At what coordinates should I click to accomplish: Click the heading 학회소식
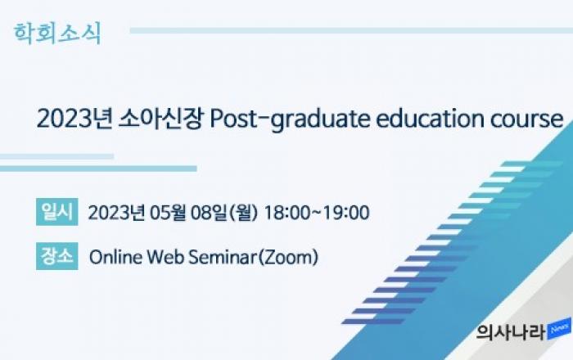point(57,34)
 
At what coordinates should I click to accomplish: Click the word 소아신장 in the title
point(160,119)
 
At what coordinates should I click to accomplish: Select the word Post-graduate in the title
point(290,119)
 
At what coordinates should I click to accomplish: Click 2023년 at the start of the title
point(74,119)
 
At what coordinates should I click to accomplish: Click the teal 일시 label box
point(57,212)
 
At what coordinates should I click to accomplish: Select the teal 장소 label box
point(57,256)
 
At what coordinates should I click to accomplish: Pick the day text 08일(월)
point(224,213)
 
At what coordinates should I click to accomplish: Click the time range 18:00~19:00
point(317,213)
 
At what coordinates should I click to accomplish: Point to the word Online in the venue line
point(116,257)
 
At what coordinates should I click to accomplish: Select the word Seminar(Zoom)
point(253,257)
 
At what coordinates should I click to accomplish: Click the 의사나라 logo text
point(511,332)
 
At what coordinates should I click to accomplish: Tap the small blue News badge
point(559,329)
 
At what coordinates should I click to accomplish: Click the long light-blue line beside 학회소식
point(351,30)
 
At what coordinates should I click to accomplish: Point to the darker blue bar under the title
point(98,169)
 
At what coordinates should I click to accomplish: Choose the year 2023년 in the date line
point(116,213)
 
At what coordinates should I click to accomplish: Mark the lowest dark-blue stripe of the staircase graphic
point(372,322)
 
